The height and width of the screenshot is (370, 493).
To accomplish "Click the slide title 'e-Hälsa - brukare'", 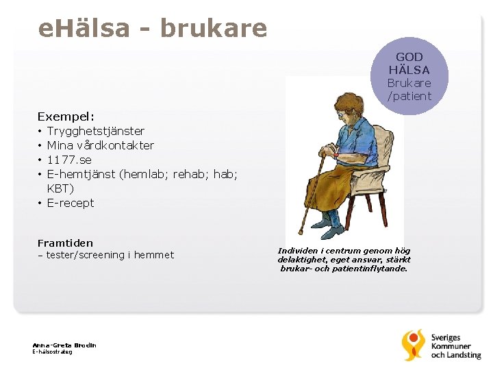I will (x=153, y=28).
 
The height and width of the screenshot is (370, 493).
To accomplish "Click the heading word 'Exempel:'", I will (x=66, y=116).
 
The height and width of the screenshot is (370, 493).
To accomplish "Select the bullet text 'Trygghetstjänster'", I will (x=95, y=131).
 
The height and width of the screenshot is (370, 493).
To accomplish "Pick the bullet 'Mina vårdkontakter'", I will (x=100, y=145).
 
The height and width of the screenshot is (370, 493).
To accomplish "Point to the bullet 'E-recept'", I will (x=71, y=203).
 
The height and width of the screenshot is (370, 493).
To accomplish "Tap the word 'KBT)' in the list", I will (x=60, y=188).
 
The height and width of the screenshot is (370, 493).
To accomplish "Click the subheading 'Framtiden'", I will (x=65, y=243).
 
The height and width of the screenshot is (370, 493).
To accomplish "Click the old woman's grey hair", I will (x=342, y=103).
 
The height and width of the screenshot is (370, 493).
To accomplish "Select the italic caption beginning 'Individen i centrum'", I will (x=344, y=260).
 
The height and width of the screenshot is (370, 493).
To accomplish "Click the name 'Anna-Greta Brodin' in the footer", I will (x=64, y=345).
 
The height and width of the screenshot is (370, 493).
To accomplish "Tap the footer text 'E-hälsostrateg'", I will (x=52, y=352).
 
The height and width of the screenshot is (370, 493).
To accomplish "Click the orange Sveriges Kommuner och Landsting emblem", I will (x=414, y=345).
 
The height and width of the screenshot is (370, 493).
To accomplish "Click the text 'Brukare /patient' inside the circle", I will (x=409, y=90).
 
